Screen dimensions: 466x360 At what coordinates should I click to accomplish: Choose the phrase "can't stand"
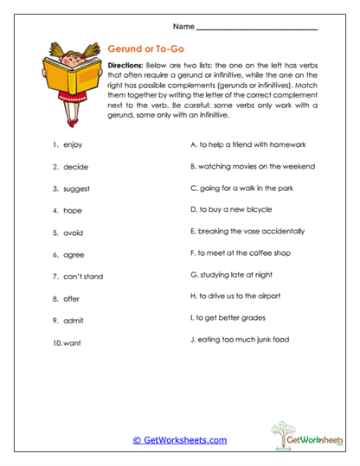[x=83, y=277]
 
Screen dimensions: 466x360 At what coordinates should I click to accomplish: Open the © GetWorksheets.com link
[x=179, y=440]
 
